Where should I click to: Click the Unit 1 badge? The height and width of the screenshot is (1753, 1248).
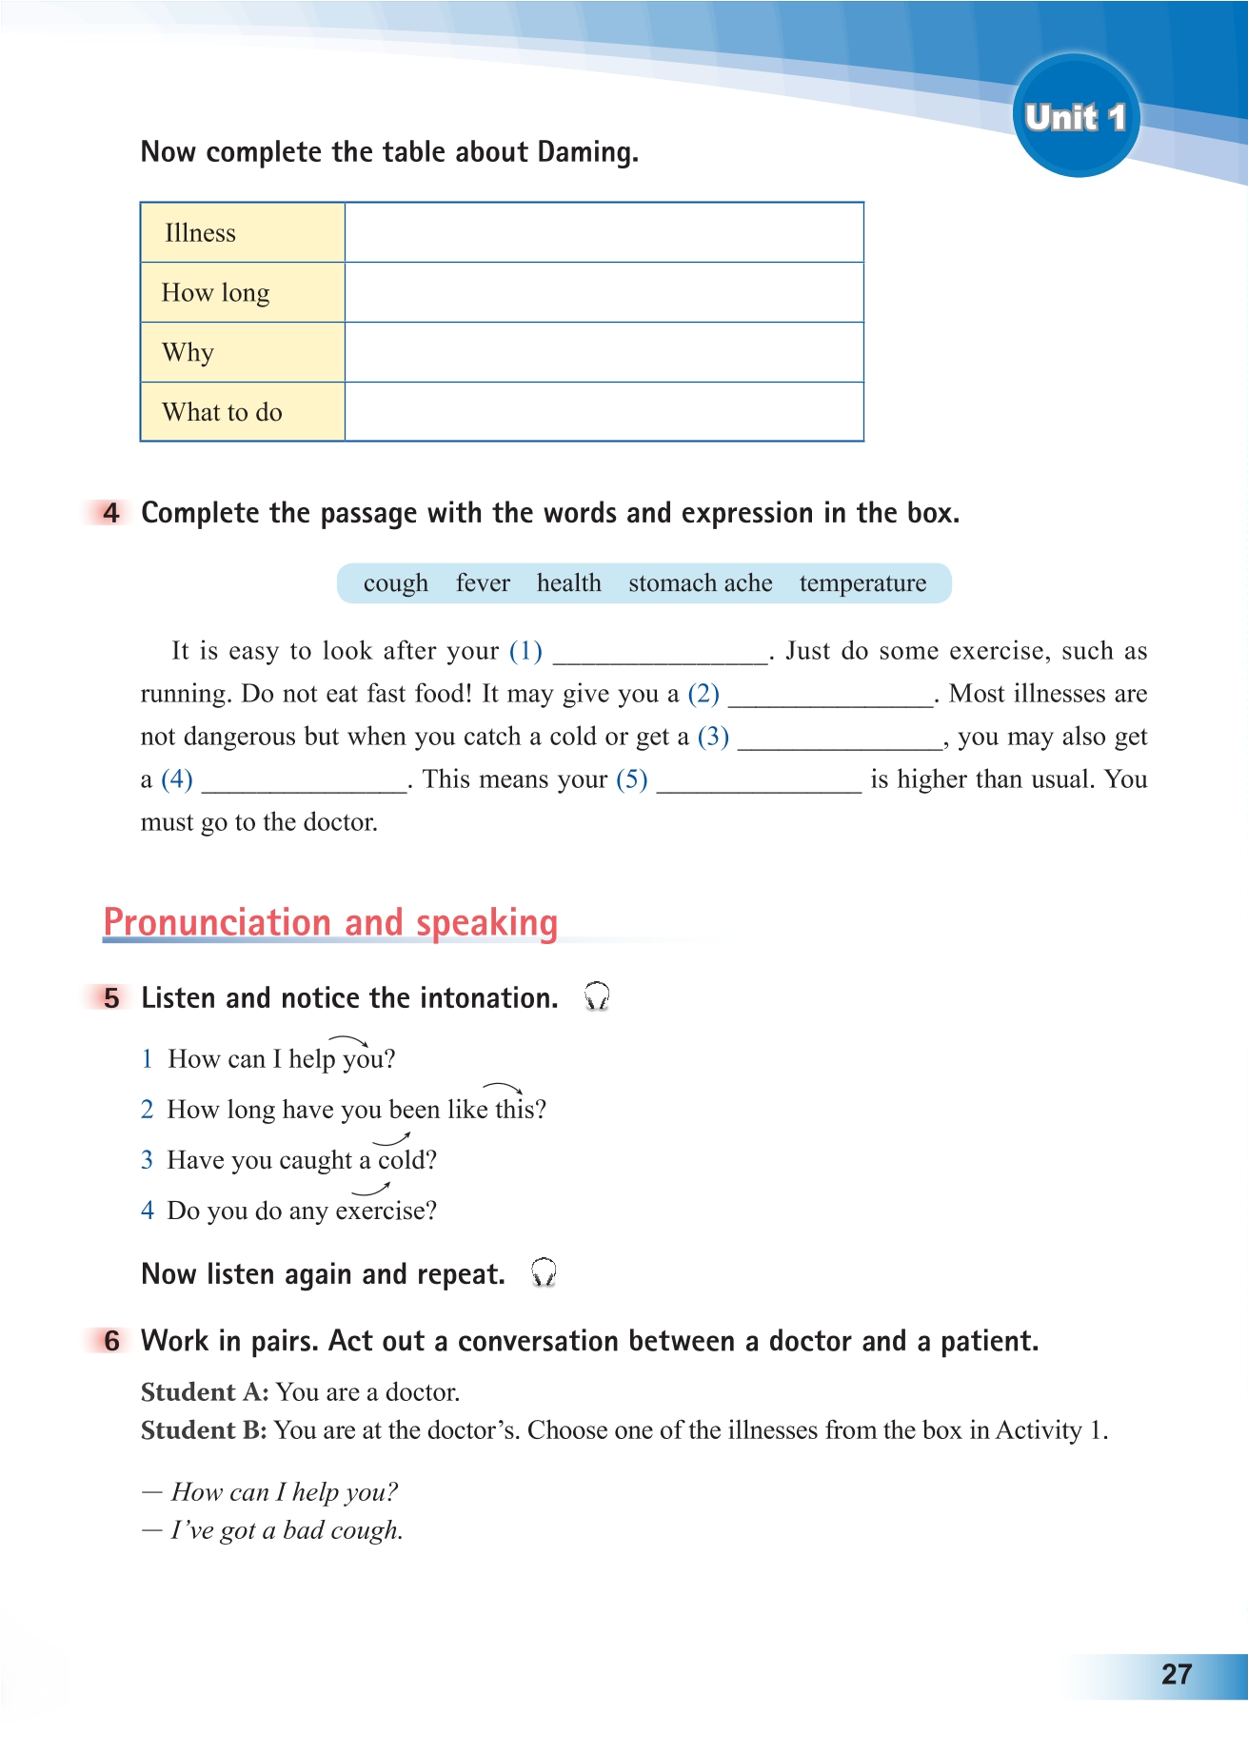click(x=1076, y=116)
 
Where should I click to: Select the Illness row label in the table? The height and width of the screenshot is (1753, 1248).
click(x=200, y=233)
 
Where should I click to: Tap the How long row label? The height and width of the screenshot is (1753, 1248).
click(x=215, y=293)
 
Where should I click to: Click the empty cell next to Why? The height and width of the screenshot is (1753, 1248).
click(x=604, y=352)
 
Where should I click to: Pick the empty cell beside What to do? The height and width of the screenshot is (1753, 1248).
click(x=604, y=412)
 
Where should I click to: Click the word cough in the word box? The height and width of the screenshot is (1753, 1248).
click(x=395, y=583)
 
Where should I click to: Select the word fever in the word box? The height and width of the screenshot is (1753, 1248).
click(x=483, y=583)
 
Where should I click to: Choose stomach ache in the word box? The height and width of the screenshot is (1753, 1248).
click(x=700, y=583)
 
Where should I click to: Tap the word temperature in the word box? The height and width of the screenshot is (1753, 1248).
click(x=862, y=583)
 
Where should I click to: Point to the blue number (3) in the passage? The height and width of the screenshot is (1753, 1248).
click(x=713, y=737)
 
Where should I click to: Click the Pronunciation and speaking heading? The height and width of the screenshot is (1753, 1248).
click(x=330, y=923)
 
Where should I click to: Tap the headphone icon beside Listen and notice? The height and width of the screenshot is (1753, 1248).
click(x=597, y=996)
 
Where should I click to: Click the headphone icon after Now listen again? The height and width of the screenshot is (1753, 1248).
click(x=544, y=1272)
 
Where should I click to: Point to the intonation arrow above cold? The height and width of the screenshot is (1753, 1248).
click(x=391, y=1138)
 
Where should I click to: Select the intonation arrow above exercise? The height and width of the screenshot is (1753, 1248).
click(x=371, y=1189)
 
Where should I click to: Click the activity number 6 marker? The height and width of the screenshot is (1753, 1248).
click(x=111, y=1341)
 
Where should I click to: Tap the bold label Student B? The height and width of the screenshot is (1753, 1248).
click(x=204, y=1430)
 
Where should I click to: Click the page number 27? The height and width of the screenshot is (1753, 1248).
click(x=1177, y=1674)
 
